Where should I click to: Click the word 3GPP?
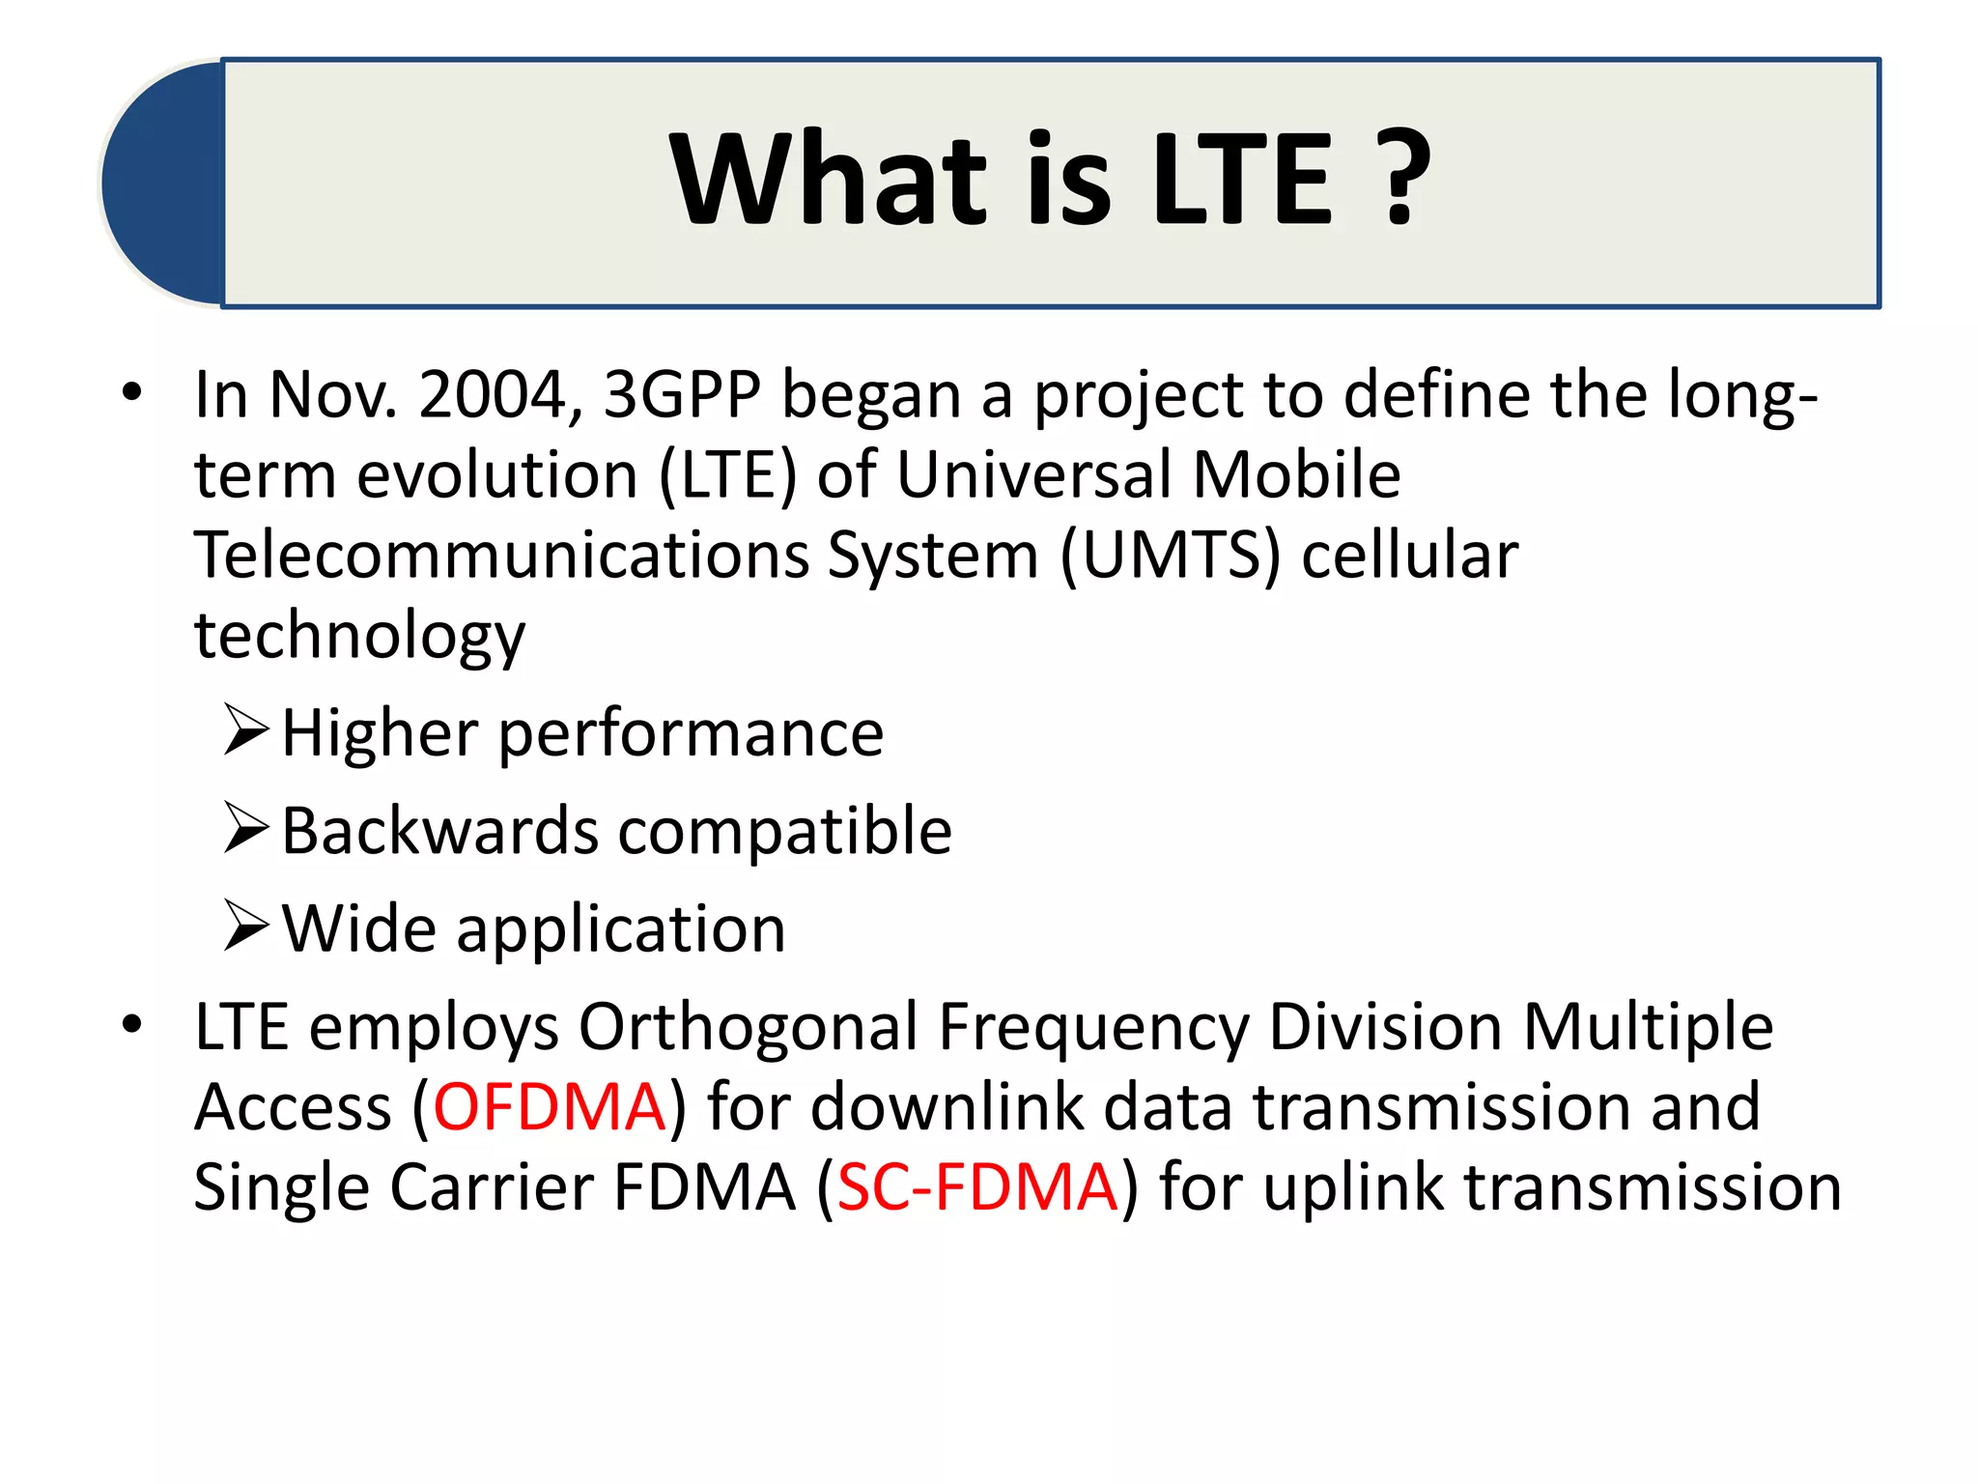click(682, 395)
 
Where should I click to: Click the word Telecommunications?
click(501, 556)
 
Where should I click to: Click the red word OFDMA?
click(549, 1107)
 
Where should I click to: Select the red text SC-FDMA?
click(976, 1187)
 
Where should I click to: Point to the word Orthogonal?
click(749, 1026)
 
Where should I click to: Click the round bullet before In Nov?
click(132, 392)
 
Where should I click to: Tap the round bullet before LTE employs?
click(132, 1024)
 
